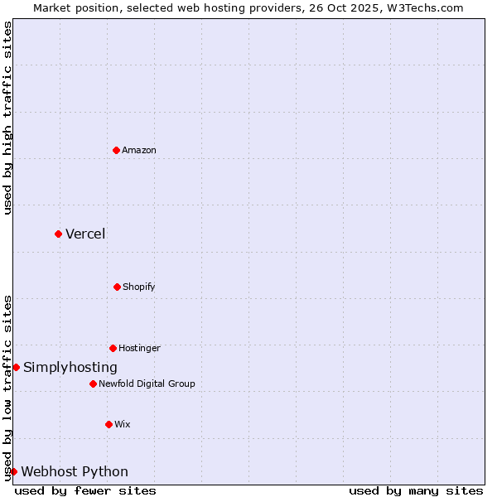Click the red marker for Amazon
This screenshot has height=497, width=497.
[x=116, y=150]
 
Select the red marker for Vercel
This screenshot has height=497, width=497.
[x=58, y=234]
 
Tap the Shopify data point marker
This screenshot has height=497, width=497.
[x=117, y=287]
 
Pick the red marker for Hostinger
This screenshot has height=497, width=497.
[x=113, y=348]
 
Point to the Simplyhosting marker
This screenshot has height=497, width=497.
[x=16, y=367]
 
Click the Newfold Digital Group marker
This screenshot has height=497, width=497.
[x=93, y=384]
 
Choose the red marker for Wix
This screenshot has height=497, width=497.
[x=109, y=424]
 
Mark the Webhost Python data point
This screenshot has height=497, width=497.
[x=13, y=471]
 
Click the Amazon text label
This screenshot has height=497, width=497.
[x=139, y=150]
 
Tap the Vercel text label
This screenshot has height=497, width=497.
[x=85, y=234]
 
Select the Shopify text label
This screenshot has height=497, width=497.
[x=139, y=287]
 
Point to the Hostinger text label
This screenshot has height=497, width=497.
[x=139, y=348]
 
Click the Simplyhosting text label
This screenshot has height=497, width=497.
[x=70, y=367]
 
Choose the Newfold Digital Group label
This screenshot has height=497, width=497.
[x=147, y=384]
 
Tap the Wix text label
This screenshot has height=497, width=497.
[x=123, y=424]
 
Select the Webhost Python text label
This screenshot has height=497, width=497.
[x=75, y=471]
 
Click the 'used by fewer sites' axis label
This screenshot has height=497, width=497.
[x=85, y=490]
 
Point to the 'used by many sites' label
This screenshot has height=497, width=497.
[x=416, y=490]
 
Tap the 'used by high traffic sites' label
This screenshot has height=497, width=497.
[x=7, y=118]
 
